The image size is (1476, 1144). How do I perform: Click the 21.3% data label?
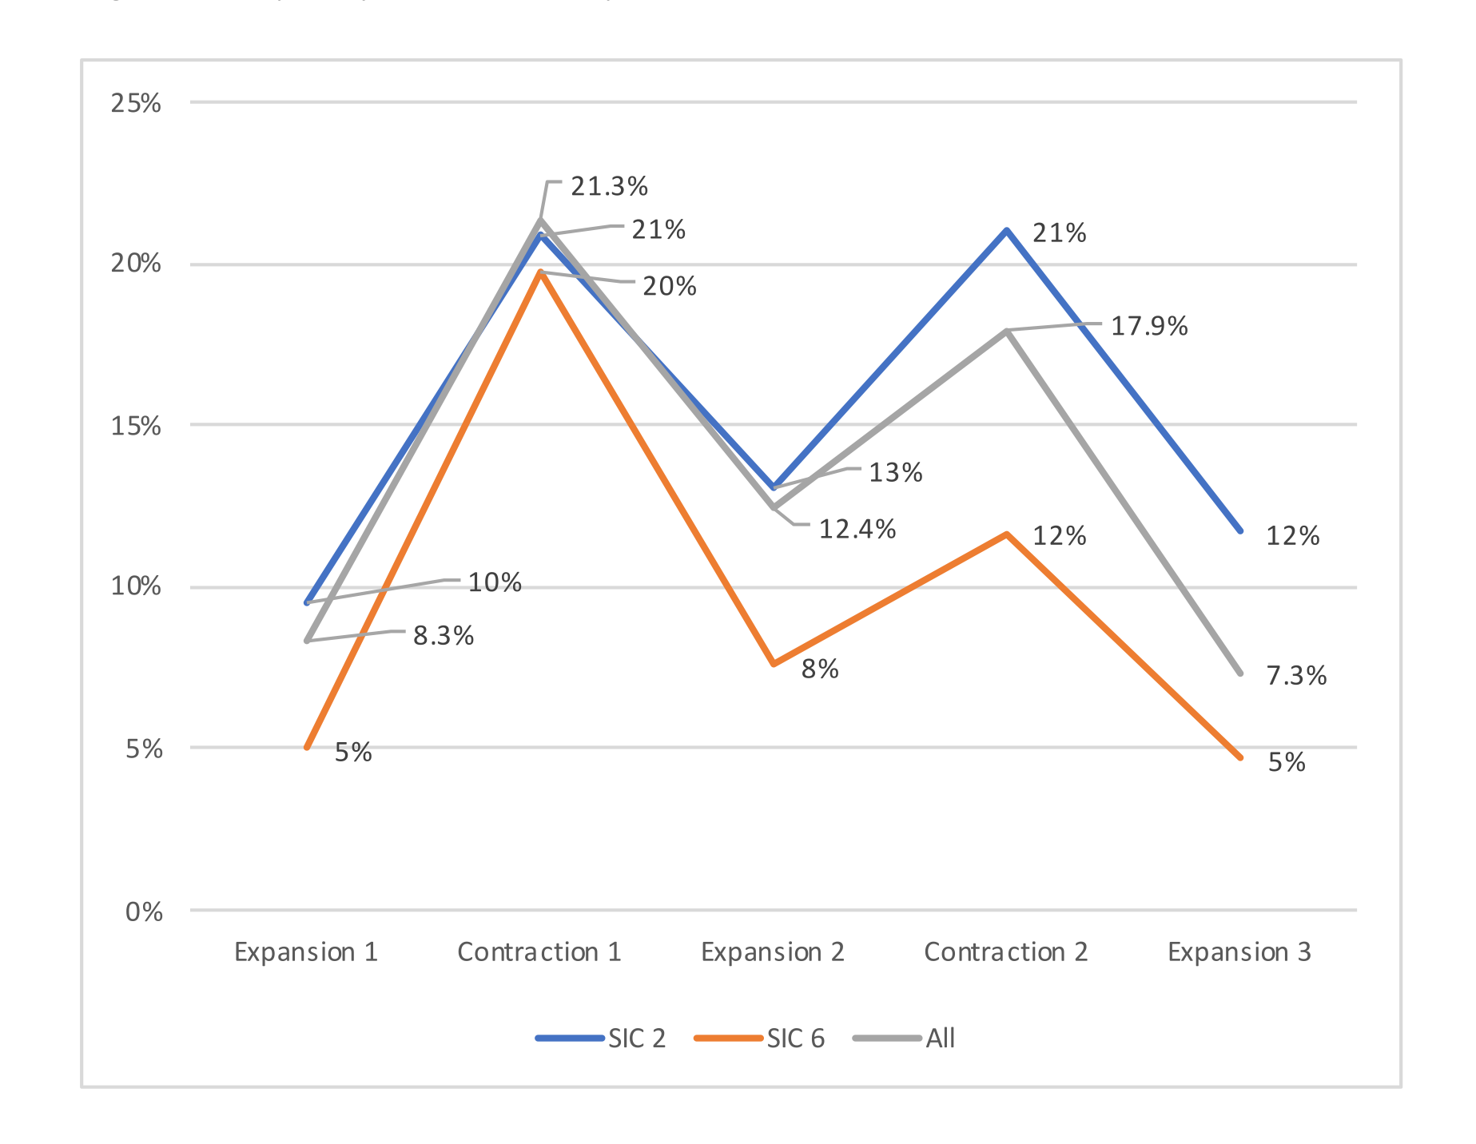(609, 187)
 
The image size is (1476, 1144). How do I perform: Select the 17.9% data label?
(1149, 326)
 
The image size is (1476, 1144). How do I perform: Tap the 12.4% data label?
(857, 529)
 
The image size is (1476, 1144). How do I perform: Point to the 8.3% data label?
(444, 636)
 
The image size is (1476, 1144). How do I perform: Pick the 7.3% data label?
(1296, 676)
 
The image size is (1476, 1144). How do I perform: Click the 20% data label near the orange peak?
(670, 286)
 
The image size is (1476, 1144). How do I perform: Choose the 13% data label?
(896, 473)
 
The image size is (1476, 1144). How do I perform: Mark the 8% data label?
(820, 669)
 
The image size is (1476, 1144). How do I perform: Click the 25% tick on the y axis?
(136, 103)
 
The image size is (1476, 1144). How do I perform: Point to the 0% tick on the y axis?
(144, 912)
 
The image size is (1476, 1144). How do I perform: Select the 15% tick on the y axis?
(136, 426)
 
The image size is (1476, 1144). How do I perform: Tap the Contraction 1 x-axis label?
(539, 952)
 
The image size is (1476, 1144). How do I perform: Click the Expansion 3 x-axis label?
(1239, 952)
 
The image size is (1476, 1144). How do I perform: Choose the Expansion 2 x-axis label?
(773, 952)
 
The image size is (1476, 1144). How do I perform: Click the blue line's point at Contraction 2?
(1007, 230)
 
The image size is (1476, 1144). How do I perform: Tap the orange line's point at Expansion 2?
(773, 664)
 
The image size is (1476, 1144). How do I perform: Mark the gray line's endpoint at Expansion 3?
(1239, 673)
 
